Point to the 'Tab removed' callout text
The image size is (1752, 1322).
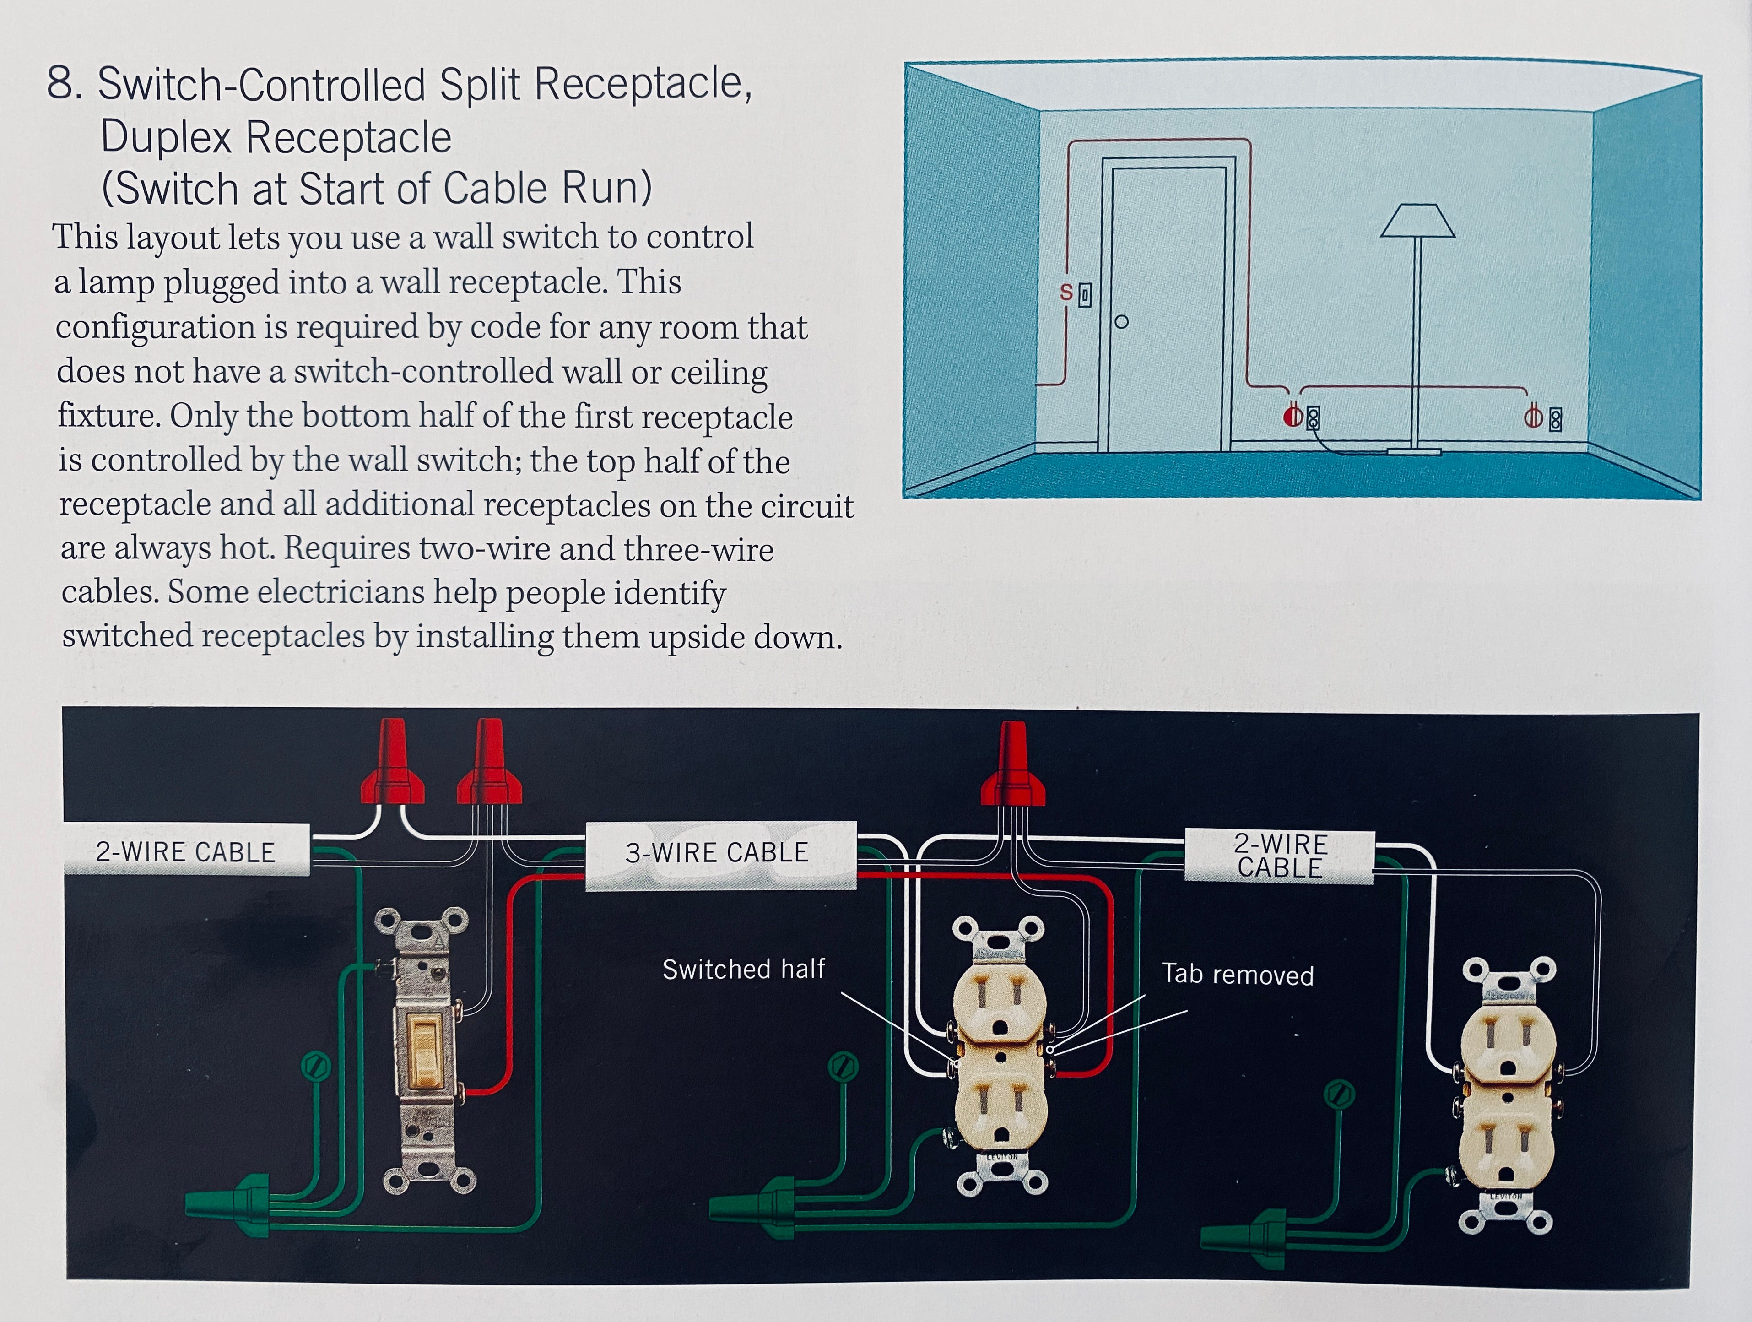click(1237, 974)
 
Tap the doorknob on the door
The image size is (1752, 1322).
click(1121, 322)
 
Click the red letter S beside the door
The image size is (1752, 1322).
click(1066, 293)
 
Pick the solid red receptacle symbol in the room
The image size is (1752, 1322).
click(1292, 416)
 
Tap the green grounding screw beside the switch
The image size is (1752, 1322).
click(315, 1065)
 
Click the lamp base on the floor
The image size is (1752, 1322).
click(1413, 451)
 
